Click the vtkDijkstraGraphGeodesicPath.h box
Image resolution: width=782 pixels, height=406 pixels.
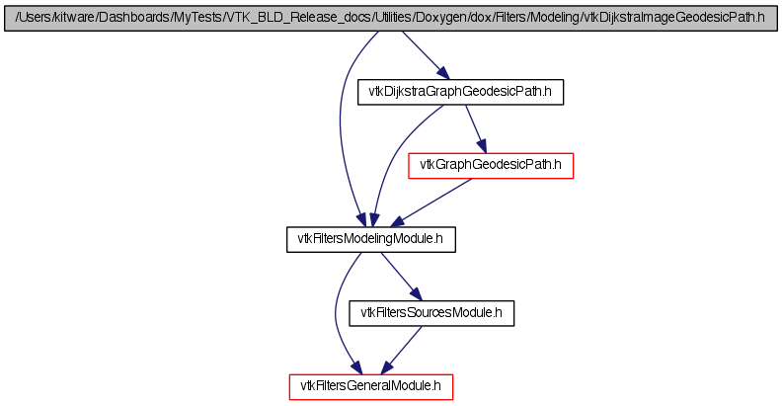[x=460, y=92]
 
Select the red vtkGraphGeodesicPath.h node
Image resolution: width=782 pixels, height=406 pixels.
[x=491, y=166]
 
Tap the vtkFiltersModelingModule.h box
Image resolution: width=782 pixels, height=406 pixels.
[x=370, y=239]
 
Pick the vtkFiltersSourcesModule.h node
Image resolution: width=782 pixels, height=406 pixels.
[x=431, y=313]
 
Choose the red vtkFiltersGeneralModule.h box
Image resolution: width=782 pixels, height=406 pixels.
[x=371, y=387]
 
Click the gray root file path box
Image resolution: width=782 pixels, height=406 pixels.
[x=390, y=19]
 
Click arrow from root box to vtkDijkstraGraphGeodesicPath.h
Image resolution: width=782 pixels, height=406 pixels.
[x=426, y=55]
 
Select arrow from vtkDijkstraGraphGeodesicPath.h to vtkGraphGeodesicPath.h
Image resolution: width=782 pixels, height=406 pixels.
[x=475, y=128]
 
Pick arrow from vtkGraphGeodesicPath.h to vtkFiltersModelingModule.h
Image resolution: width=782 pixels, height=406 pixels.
[x=430, y=203]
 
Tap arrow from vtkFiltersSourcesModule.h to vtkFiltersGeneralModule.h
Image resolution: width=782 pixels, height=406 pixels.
[x=402, y=350]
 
